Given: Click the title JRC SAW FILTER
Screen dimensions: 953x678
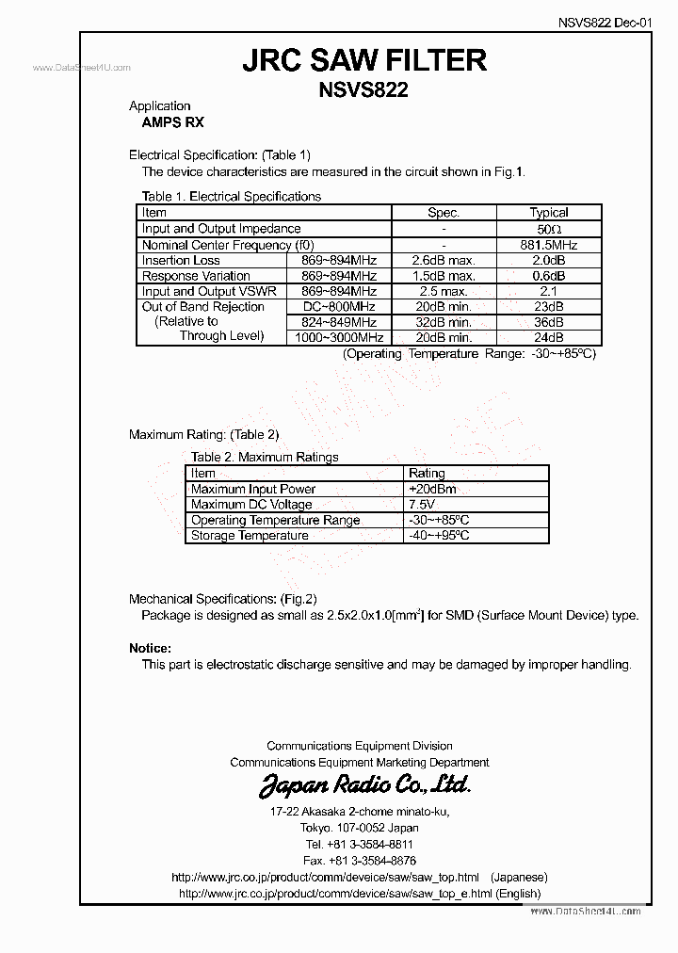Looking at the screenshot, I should click(x=364, y=60).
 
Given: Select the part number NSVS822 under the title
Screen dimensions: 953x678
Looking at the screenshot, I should click(x=364, y=90).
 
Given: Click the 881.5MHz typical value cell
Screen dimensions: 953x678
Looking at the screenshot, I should click(x=548, y=245).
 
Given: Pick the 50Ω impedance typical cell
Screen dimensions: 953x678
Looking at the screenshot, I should click(x=548, y=229).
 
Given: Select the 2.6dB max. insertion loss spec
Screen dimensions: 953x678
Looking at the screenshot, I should click(x=444, y=261).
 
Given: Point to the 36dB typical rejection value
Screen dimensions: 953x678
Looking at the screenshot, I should click(x=548, y=322).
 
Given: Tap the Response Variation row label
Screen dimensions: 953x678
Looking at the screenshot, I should click(x=196, y=276).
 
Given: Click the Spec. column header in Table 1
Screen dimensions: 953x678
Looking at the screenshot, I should click(x=444, y=213).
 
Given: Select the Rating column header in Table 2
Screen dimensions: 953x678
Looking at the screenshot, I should click(x=427, y=474).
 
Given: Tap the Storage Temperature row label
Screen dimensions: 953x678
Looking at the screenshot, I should click(x=250, y=536).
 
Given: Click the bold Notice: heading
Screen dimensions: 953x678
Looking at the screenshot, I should click(x=150, y=649).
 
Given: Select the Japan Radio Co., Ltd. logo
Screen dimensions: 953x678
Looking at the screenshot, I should click(x=363, y=785).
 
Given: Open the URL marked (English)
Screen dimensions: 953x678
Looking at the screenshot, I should click(x=359, y=893).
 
